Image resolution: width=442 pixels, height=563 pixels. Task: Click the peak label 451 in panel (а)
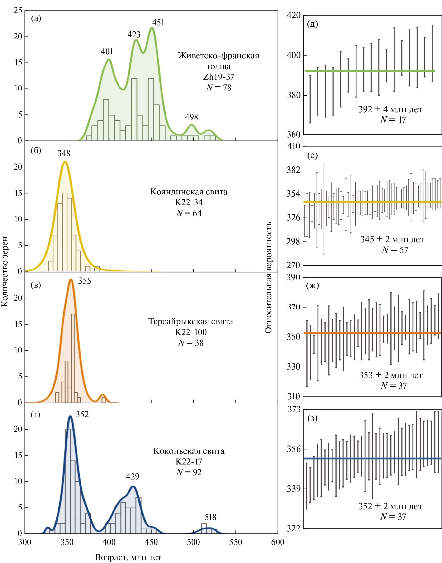pos(158,23)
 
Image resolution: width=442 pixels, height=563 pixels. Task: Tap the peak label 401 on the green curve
pos(107,51)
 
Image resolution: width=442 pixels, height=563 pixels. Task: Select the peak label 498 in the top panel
pos(191,117)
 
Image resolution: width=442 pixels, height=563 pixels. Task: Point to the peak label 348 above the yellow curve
pos(64,153)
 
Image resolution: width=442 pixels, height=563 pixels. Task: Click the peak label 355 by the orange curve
pos(85,281)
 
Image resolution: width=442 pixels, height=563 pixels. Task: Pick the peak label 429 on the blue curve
pos(133,477)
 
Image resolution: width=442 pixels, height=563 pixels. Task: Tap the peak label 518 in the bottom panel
pos(210,518)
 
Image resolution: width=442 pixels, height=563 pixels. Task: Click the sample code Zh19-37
pos(218,77)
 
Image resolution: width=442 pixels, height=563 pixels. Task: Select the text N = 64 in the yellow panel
pos(189,213)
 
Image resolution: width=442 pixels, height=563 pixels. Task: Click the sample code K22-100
pos(191,332)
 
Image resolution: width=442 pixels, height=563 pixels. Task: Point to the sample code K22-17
pos(189,462)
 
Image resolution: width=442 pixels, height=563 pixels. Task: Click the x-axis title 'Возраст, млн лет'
pos(128,557)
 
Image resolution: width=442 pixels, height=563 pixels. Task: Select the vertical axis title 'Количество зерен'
pos(5,271)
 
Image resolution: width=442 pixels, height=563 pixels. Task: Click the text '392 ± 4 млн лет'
pos(390,109)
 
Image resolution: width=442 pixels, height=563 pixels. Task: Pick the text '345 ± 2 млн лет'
pos(392,239)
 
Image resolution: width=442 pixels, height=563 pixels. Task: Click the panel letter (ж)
pos(312,286)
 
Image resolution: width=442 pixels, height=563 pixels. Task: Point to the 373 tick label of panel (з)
pos(294,410)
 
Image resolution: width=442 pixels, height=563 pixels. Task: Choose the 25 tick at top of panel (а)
pos(18,11)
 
